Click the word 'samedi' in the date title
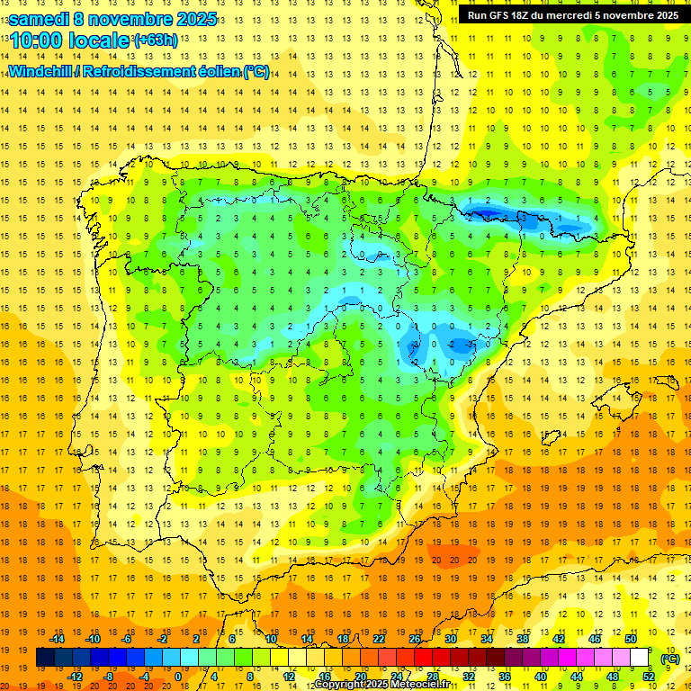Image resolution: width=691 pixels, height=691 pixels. pos(40,19)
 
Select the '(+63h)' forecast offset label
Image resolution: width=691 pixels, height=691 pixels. pos(155,40)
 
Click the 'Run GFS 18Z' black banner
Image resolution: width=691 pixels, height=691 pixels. pos(573,14)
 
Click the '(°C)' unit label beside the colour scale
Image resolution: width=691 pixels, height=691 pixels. pos(669,659)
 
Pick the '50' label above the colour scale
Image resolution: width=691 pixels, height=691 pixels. pos(631,639)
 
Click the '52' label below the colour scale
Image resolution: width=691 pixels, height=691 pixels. pos(649,677)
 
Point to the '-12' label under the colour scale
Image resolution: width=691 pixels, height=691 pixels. pos(75,677)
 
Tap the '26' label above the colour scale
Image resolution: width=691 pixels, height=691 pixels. pos(415,639)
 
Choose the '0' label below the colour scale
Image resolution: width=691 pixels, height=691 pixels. pos(177,677)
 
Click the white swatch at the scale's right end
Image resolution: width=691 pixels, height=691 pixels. pos(640,658)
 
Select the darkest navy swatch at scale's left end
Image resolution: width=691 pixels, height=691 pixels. pos(45,658)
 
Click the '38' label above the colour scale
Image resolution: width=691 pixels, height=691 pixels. pos(523,639)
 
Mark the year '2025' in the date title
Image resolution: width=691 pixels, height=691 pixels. pos(192,19)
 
